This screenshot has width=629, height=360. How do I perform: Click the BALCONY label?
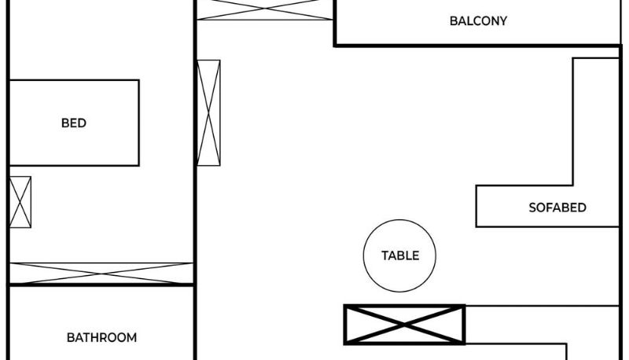(x=478, y=21)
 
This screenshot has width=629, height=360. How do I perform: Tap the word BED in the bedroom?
(x=74, y=123)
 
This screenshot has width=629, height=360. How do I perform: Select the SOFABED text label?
(x=557, y=208)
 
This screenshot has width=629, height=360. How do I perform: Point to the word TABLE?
(x=400, y=255)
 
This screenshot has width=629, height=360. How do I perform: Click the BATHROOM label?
(x=101, y=338)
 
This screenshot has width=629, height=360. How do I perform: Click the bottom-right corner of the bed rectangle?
(x=139, y=165)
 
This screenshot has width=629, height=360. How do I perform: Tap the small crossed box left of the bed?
(x=20, y=202)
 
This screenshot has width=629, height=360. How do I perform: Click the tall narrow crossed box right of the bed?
(x=209, y=112)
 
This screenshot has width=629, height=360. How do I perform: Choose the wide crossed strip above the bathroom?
(x=101, y=273)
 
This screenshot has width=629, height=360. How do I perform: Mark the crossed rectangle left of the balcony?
(x=265, y=9)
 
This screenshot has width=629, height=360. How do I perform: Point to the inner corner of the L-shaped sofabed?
(x=574, y=186)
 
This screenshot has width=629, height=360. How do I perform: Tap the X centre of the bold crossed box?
(x=405, y=325)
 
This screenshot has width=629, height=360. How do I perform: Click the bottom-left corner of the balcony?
(x=336, y=45)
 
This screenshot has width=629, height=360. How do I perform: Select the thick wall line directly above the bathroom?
(x=101, y=285)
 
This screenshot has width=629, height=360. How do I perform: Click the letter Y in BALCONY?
(x=503, y=21)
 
